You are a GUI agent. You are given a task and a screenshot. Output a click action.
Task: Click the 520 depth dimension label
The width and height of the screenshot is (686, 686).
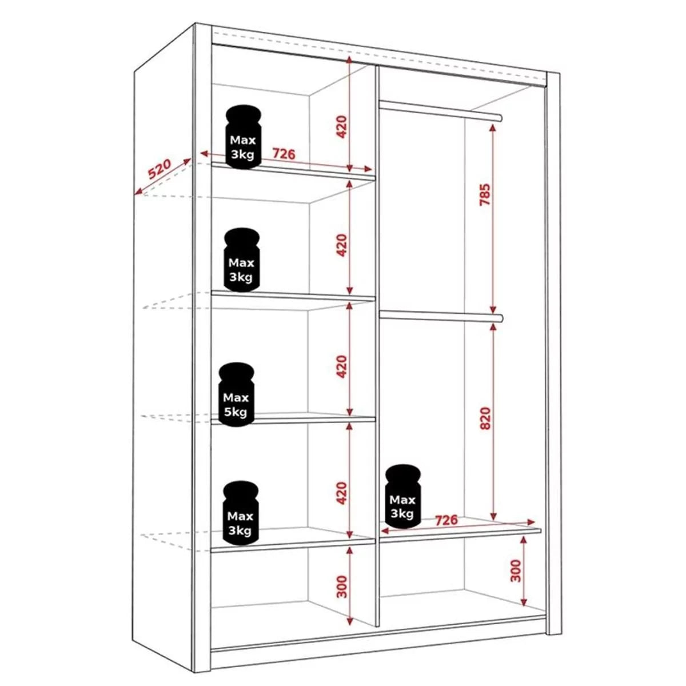pos(159,170)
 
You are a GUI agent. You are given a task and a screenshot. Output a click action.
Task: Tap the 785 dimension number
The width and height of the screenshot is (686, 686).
pos(485,195)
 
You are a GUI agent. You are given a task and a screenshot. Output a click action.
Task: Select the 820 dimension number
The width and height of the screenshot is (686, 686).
pos(485,418)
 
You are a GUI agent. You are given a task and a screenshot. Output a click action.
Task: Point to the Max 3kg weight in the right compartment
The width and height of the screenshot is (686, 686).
pos(402,495)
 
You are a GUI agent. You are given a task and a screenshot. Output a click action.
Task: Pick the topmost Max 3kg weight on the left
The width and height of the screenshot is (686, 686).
pos(243,137)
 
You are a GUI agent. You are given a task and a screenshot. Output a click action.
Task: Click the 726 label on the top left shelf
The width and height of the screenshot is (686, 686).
pos(284,154)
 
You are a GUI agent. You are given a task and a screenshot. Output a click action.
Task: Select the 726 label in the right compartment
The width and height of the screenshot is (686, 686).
pos(446,520)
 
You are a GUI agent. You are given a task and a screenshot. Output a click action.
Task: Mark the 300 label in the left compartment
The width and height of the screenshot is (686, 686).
pos(342,587)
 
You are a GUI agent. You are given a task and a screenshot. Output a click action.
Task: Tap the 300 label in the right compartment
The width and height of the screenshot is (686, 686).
pos(516,571)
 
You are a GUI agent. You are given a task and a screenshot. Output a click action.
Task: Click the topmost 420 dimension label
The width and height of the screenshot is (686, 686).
pos(341,127)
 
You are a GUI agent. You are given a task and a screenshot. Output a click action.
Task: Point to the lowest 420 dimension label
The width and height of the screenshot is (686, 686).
pos(341,493)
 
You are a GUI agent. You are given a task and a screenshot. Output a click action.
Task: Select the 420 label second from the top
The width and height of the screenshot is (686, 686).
pos(341,245)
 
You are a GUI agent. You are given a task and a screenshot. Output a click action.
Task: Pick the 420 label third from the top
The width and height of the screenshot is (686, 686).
pos(341,366)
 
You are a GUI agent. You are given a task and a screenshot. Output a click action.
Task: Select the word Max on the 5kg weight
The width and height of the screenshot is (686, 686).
pos(236,397)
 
